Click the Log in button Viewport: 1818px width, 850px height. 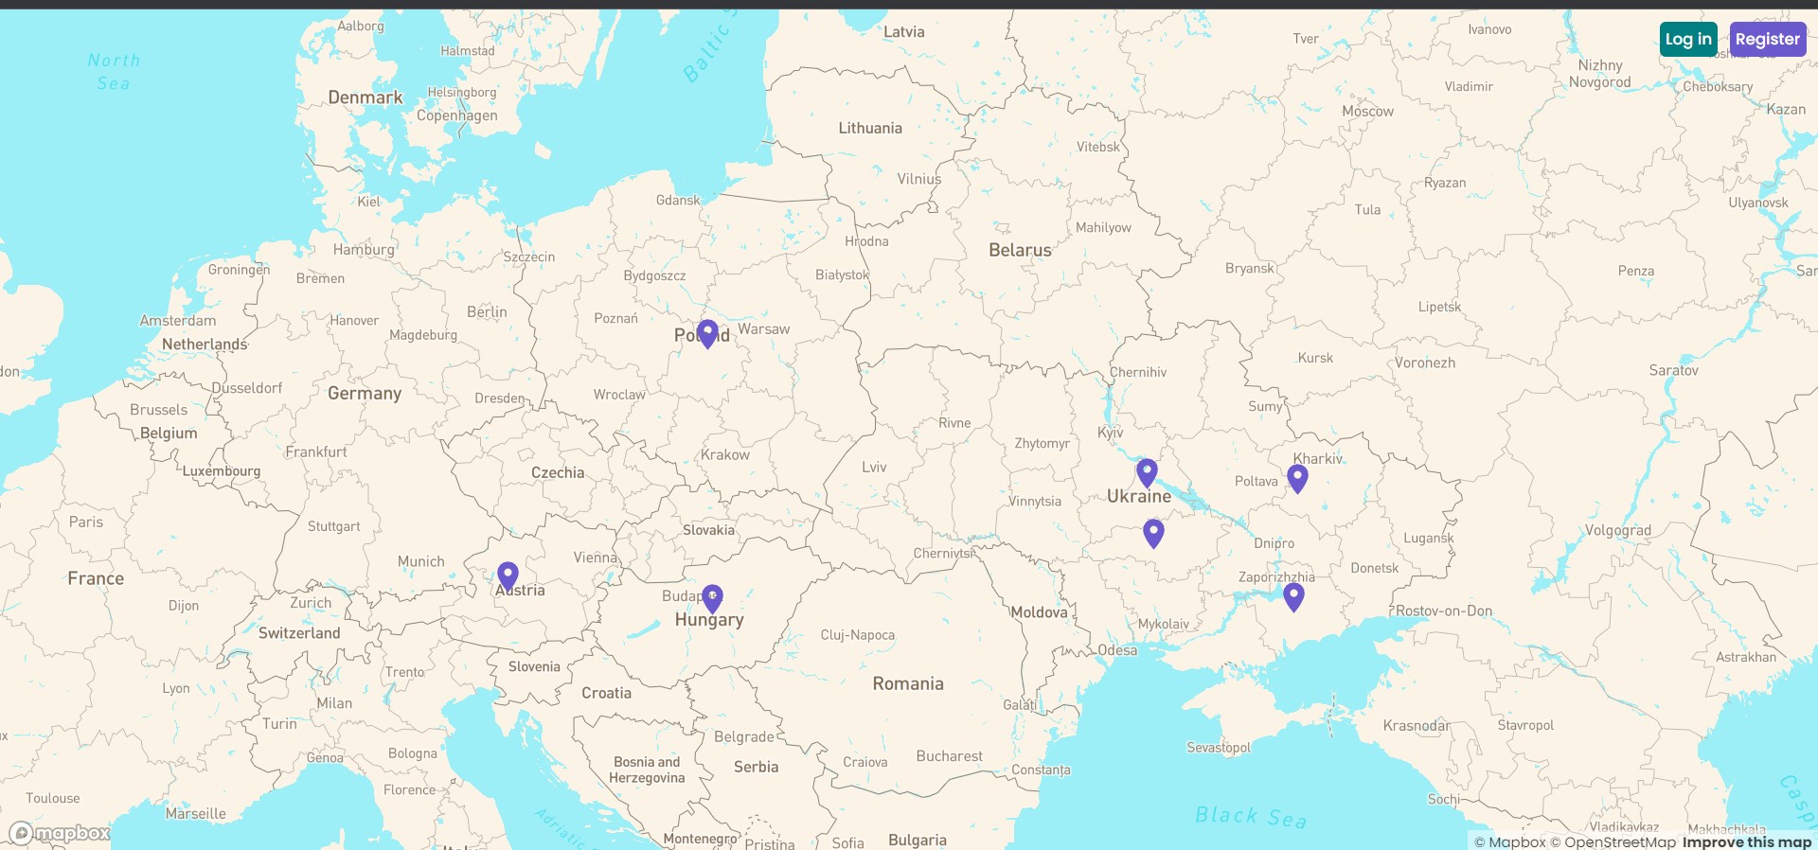click(x=1688, y=40)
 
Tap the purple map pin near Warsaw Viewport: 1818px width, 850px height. click(x=707, y=333)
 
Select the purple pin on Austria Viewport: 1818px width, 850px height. click(x=508, y=576)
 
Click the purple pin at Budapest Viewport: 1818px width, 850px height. click(x=712, y=597)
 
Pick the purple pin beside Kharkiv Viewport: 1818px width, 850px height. click(x=1297, y=478)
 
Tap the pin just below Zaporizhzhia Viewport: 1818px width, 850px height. click(x=1293, y=596)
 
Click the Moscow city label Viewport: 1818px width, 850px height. click(x=1367, y=112)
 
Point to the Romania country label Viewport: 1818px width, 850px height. click(x=908, y=684)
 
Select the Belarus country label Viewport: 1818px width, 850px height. click(x=1020, y=251)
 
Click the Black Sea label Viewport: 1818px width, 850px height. click(x=1250, y=816)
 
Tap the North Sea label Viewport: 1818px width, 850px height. click(x=114, y=72)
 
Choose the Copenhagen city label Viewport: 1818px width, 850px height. click(x=456, y=115)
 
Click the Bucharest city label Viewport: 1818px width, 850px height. click(x=949, y=756)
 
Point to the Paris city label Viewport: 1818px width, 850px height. click(x=86, y=522)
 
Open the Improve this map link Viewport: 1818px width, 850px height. click(x=1746, y=841)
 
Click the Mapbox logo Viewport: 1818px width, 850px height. click(x=60, y=833)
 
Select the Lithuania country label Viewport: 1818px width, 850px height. click(x=870, y=129)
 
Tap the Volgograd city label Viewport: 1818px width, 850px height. click(x=1617, y=531)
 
